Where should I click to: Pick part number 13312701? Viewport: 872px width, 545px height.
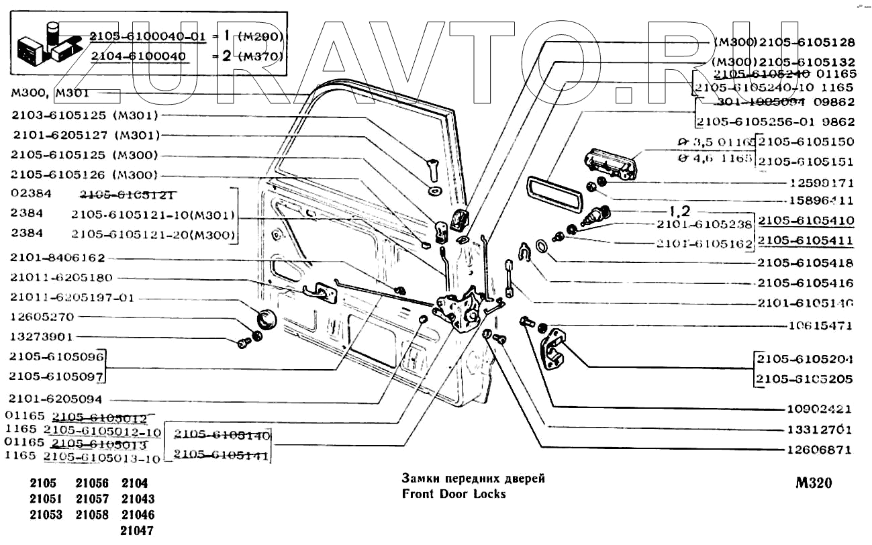click(818, 429)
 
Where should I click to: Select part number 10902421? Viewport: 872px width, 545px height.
click(818, 409)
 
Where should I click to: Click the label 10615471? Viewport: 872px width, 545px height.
click(818, 326)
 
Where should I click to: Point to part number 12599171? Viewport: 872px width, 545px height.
click(818, 182)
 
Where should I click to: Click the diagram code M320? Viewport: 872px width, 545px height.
click(813, 483)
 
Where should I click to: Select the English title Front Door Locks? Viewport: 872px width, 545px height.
click(453, 494)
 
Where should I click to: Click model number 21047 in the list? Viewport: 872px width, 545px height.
click(138, 530)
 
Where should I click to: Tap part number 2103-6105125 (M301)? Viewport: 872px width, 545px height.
click(84, 115)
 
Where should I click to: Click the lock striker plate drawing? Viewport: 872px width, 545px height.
click(554, 349)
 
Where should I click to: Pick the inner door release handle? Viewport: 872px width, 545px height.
click(319, 291)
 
